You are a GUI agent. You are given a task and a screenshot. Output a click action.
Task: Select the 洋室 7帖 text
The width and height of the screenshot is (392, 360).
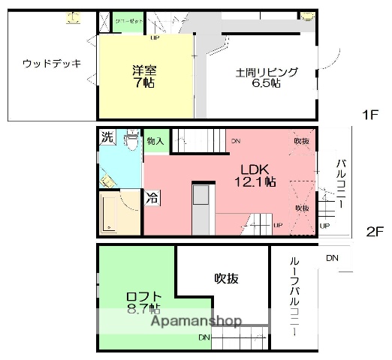pyautogui.click(x=143, y=76)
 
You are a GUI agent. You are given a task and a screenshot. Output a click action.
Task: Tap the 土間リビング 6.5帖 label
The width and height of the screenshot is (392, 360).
pyautogui.click(x=267, y=77)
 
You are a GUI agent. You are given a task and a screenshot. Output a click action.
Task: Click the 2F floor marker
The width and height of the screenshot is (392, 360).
pyautogui.click(x=375, y=231)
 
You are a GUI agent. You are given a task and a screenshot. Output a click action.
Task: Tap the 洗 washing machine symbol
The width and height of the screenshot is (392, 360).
pyautogui.click(x=107, y=137)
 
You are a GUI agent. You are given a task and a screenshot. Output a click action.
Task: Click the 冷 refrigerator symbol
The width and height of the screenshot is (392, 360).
pyautogui.click(x=152, y=199)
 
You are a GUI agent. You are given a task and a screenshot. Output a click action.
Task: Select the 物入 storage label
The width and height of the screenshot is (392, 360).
pyautogui.click(x=155, y=141)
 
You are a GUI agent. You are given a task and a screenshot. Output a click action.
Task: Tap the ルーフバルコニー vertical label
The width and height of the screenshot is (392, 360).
pyautogui.click(x=295, y=295)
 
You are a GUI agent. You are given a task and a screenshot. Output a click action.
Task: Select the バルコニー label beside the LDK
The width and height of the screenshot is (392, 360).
pyautogui.click(x=340, y=183)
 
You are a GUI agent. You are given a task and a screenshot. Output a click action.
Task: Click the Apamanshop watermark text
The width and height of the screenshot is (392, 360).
pyautogui.click(x=197, y=322)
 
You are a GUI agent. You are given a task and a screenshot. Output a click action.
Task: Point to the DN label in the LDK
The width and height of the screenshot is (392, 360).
pyautogui.click(x=236, y=141)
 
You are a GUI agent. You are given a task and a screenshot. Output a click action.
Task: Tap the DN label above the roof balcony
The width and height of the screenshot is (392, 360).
pyautogui.click(x=332, y=259)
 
